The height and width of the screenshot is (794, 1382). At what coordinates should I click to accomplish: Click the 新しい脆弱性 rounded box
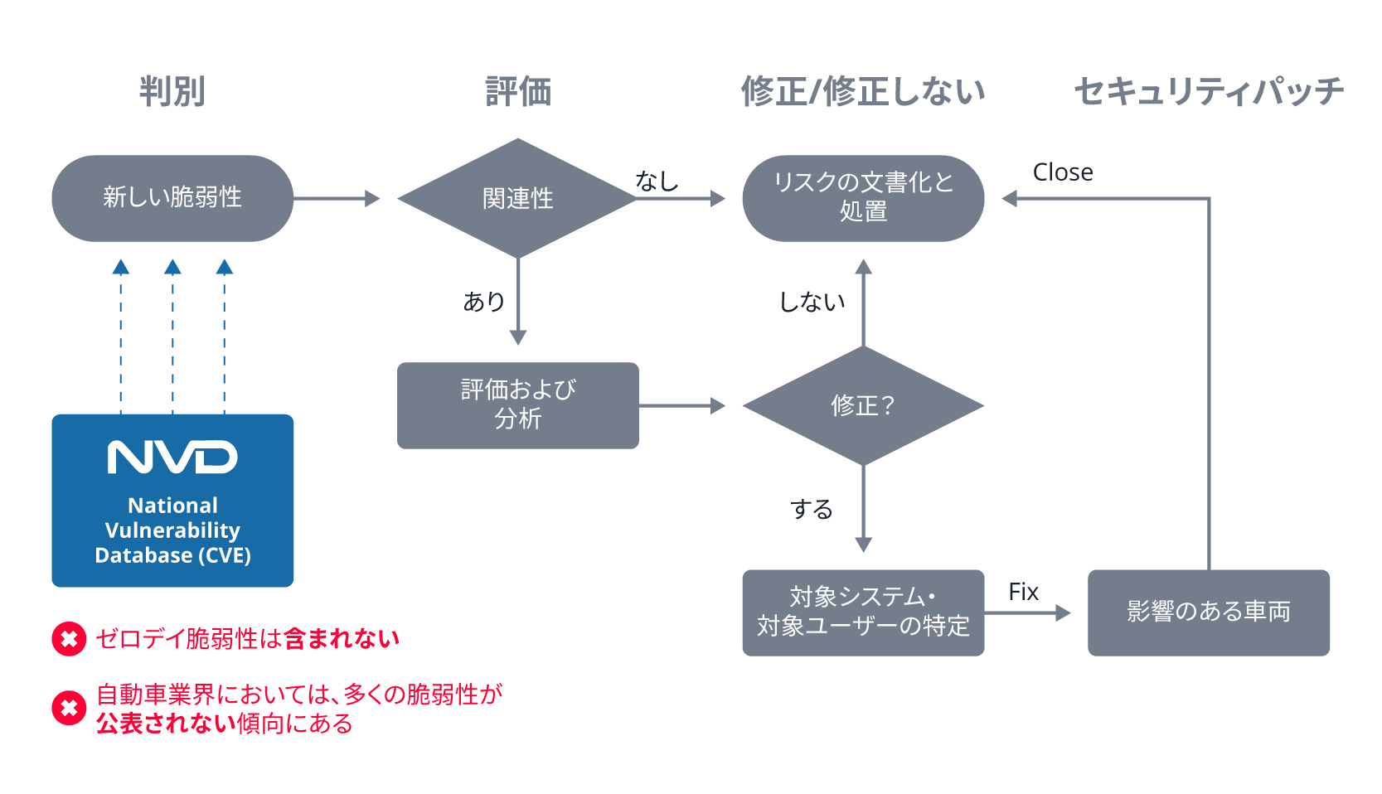point(172,198)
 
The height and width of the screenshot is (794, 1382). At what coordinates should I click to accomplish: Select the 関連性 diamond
point(517,198)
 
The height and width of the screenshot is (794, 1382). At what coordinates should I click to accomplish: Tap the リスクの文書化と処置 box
point(863,198)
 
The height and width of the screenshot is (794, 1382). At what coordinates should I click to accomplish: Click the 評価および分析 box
point(517,405)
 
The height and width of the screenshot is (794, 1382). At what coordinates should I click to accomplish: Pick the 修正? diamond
point(863,405)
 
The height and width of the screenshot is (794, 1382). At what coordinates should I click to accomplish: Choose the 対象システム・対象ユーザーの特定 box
point(863,612)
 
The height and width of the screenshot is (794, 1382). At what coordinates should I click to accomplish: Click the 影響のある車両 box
point(1208,612)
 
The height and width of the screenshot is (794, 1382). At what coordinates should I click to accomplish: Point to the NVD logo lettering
point(172,458)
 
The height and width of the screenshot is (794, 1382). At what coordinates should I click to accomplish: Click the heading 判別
point(172,91)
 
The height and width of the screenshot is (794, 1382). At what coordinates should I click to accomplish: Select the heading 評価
point(518,91)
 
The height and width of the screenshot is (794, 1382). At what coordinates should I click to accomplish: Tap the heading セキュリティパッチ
point(1208,91)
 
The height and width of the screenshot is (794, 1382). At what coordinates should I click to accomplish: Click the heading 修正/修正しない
point(863,91)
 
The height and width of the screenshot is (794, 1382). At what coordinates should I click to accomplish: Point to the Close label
point(1062,172)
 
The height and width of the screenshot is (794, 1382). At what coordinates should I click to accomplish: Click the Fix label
point(1023,592)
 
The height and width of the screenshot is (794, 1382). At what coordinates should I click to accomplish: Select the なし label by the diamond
point(657,181)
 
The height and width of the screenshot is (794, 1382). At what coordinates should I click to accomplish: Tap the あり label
point(483,301)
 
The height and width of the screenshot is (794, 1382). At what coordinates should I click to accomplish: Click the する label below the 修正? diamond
point(811,509)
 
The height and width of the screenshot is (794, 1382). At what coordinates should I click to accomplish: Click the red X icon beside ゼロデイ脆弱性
point(69,639)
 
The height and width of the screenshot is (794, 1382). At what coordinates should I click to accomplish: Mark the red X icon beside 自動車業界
point(69,708)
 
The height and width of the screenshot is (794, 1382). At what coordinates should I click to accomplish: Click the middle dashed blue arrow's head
point(172,267)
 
